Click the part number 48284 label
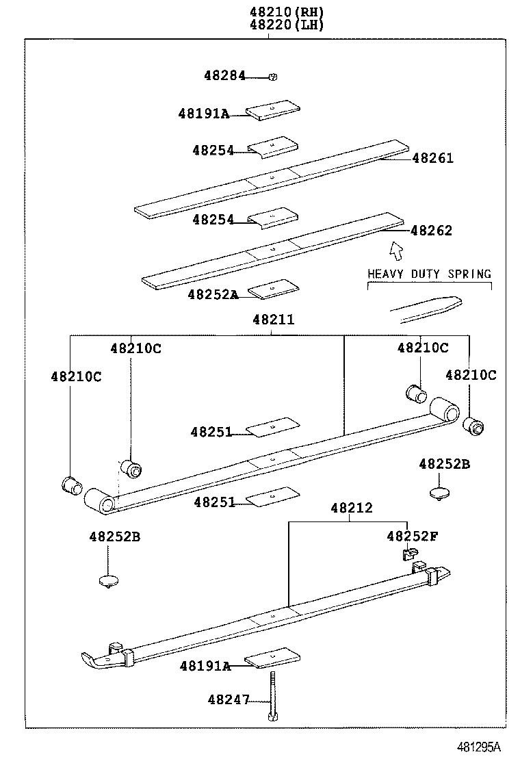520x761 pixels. point(224,76)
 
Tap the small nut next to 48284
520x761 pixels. point(272,77)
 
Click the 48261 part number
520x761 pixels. point(432,158)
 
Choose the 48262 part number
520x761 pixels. point(431,231)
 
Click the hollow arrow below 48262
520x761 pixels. point(395,251)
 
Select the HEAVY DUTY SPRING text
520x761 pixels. point(429,274)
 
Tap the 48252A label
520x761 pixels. point(213,295)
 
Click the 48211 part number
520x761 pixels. point(273,319)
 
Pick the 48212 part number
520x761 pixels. point(352,508)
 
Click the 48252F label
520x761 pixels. point(412,536)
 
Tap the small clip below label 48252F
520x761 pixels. point(410,553)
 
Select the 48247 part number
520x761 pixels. point(228,699)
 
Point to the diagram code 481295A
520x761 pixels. point(479,747)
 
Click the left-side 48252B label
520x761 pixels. point(114,537)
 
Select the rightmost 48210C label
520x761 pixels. point(471,375)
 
